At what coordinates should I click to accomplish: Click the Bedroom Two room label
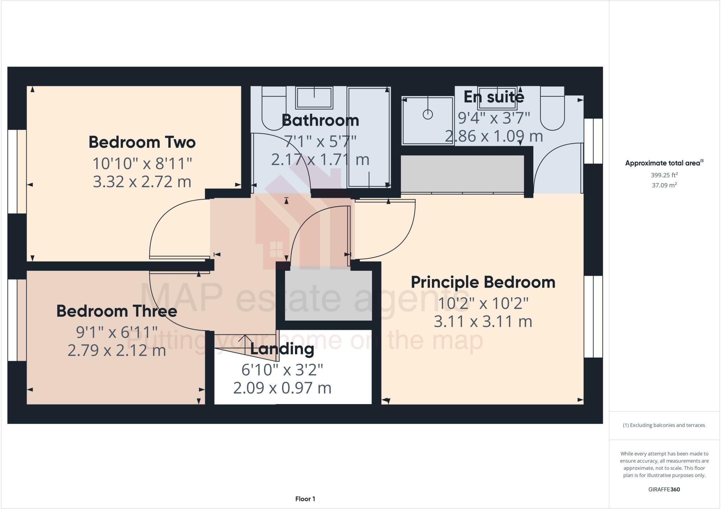(142, 143)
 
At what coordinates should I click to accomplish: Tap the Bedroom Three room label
(117, 312)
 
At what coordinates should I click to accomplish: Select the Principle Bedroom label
(483, 283)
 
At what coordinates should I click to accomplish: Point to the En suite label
(494, 97)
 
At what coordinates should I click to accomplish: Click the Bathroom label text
(320, 121)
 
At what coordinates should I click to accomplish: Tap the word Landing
(282, 349)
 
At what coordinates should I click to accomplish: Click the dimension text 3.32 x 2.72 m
(142, 182)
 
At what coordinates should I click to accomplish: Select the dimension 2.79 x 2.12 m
(117, 351)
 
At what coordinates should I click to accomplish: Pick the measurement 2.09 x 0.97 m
(282, 388)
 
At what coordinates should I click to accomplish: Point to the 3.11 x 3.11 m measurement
(483, 322)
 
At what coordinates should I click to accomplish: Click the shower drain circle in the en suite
(428, 114)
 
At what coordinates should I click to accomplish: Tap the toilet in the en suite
(552, 109)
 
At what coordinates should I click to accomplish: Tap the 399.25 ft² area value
(664, 175)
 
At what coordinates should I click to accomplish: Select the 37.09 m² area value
(664, 185)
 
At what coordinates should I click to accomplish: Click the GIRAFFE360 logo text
(664, 489)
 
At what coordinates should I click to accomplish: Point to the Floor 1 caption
(305, 499)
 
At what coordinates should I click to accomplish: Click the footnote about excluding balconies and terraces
(664, 425)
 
